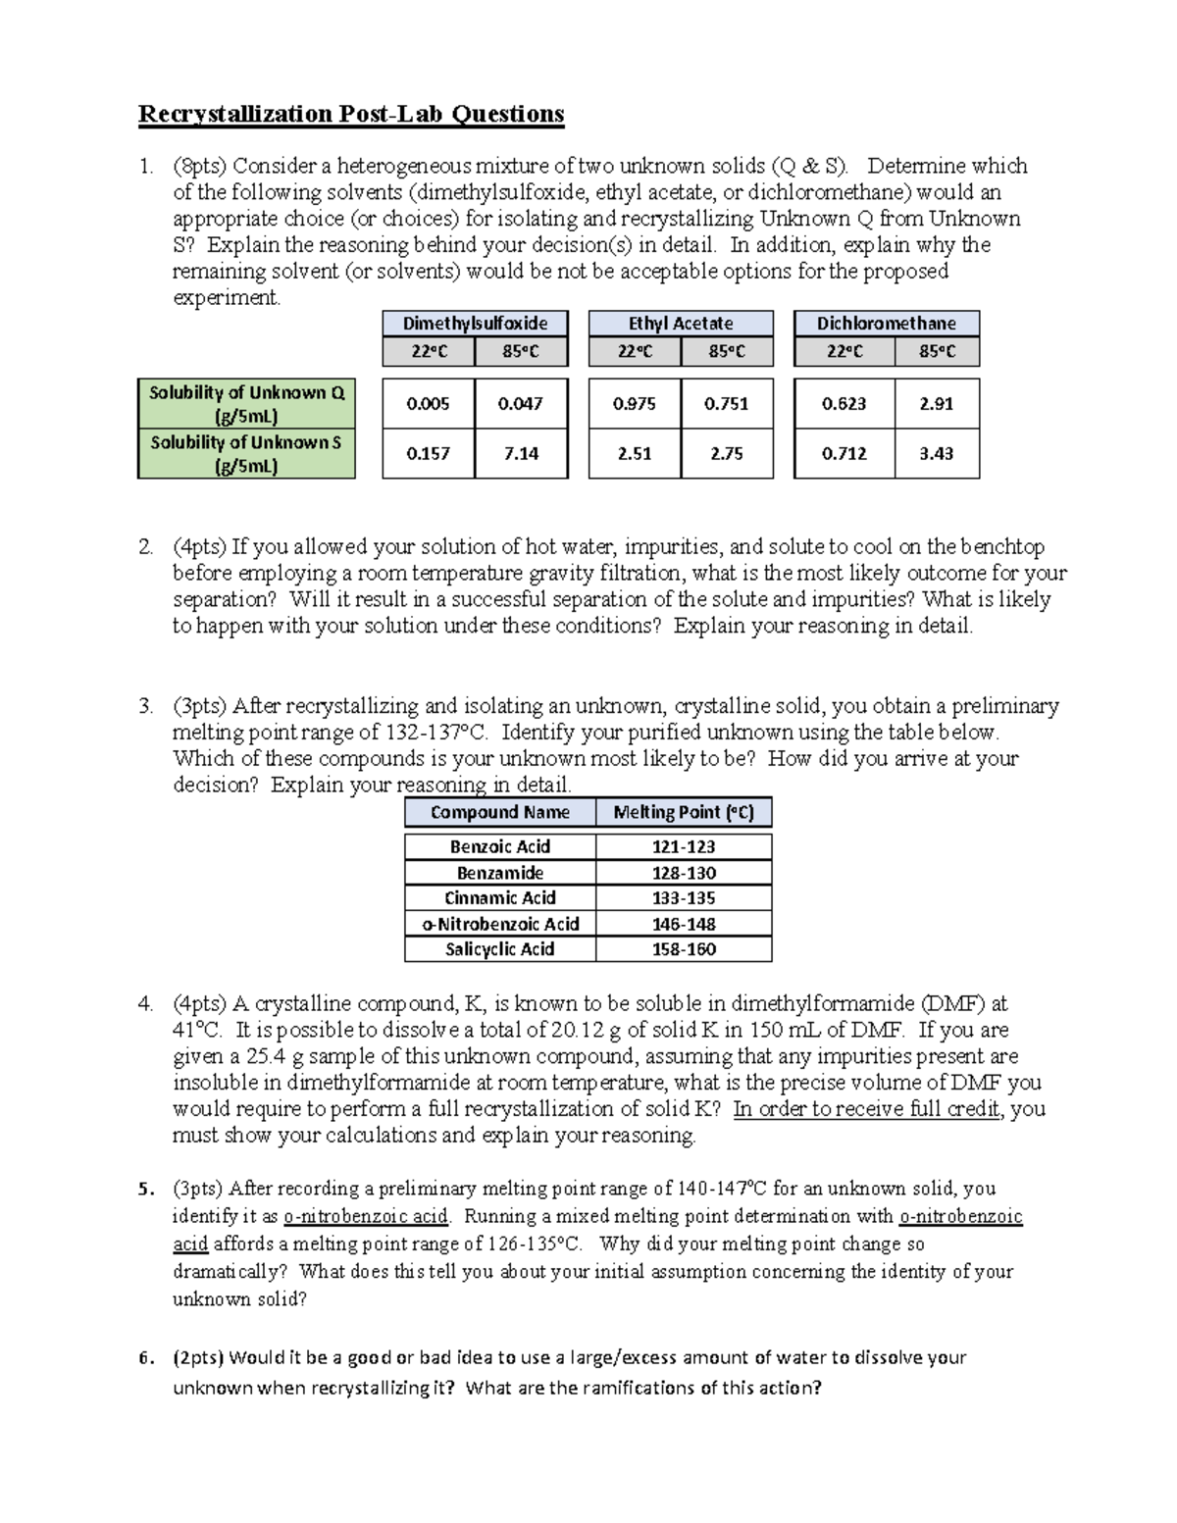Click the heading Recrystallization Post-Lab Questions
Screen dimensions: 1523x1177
tap(351, 114)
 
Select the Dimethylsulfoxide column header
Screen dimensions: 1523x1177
tap(475, 324)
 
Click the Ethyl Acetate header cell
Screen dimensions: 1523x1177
tap(681, 324)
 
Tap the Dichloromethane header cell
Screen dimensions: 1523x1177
tap(887, 324)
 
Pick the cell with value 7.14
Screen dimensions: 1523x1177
tap(521, 454)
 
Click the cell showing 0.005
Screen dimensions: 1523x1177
tap(428, 404)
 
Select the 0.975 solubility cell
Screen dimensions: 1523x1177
tap(634, 404)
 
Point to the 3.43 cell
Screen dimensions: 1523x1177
tap(937, 454)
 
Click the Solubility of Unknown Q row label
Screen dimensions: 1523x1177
tap(246, 403)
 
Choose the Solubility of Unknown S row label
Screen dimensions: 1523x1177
tap(246, 454)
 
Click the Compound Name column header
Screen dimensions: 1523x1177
tap(500, 812)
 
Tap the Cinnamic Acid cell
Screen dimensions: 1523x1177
tap(500, 898)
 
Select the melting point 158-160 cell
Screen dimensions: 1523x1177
tap(684, 949)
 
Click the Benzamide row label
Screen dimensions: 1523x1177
tap(500, 873)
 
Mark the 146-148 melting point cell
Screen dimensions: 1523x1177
tap(684, 924)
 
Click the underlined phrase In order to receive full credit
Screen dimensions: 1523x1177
tap(866, 1109)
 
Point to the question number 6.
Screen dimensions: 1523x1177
tap(146, 1358)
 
